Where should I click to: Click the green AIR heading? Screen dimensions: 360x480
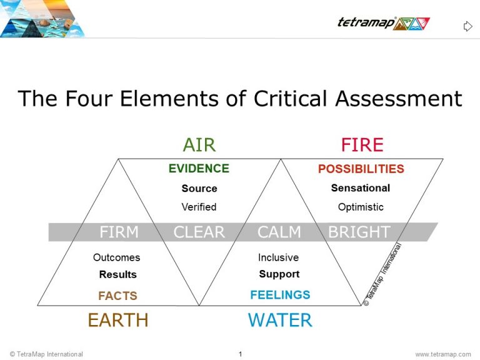coord(199,145)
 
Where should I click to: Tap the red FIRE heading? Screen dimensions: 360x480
coord(362,145)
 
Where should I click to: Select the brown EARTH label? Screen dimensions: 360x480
coord(118,320)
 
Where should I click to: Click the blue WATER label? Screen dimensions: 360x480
coord(280,320)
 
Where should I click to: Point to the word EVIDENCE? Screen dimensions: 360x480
coord(199,169)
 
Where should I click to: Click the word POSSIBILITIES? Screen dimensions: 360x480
coord(361,169)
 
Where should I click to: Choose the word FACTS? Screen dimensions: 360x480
coord(117,296)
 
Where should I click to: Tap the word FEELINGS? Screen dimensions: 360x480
coord(280,295)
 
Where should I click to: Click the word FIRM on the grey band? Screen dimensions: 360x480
coord(119,232)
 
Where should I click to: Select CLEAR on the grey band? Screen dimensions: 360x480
coord(199,232)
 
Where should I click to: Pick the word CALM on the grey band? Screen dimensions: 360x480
coord(279,232)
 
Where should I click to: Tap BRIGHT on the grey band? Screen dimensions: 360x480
coord(359,232)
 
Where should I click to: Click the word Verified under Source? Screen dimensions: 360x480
coord(199,207)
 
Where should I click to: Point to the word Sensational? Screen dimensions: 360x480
coord(361,188)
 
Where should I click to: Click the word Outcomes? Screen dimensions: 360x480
coord(117,257)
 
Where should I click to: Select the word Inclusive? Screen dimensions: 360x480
coord(279,257)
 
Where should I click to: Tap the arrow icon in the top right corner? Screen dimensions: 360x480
coord(467,26)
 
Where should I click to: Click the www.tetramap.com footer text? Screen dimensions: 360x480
coord(443,354)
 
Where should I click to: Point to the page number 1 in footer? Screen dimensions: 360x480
coord(240,354)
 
